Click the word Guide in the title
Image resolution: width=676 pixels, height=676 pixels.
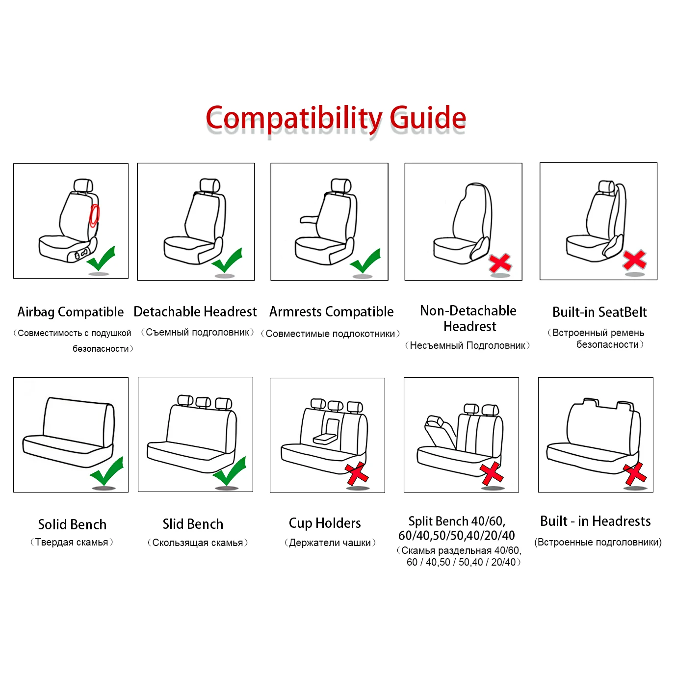(x=427, y=118)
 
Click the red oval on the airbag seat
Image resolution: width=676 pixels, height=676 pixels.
(x=94, y=216)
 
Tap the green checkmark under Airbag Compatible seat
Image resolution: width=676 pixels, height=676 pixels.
(x=102, y=259)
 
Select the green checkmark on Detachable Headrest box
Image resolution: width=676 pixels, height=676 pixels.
(x=227, y=260)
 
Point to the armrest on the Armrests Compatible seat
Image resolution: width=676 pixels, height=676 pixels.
(x=309, y=220)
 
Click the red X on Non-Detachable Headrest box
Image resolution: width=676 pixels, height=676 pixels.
(x=500, y=263)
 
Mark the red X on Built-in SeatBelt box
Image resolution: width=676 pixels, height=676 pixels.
(x=634, y=260)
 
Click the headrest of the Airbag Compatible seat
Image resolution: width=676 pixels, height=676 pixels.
(x=83, y=185)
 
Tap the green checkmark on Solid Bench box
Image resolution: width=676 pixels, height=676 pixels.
(x=107, y=471)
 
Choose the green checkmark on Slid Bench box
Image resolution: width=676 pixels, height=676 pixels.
(x=230, y=471)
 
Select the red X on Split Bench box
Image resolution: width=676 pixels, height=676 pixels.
(x=491, y=473)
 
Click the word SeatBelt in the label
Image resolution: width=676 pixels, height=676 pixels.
(x=623, y=312)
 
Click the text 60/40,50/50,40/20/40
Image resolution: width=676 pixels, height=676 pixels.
(x=457, y=536)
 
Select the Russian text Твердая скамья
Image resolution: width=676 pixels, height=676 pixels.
(x=72, y=542)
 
